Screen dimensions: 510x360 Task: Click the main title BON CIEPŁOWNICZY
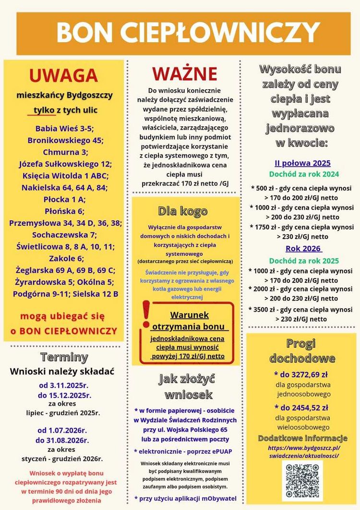point(188,33)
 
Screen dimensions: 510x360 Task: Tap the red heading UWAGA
point(63,76)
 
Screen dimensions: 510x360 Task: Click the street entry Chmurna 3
point(64,152)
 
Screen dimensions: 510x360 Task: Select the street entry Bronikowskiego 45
point(65,140)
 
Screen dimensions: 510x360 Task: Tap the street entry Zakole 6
point(64,258)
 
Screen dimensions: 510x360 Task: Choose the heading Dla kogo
point(183,211)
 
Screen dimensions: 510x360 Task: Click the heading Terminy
point(64,357)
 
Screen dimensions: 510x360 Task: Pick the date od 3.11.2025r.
point(64,385)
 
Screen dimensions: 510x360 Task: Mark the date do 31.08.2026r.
point(63,440)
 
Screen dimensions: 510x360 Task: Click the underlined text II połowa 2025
point(302,163)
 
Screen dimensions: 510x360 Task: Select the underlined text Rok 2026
point(304,249)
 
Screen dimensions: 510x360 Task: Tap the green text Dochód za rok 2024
point(304,174)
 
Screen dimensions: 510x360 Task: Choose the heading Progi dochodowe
point(302,351)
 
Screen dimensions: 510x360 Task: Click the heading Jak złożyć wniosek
point(186,387)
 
